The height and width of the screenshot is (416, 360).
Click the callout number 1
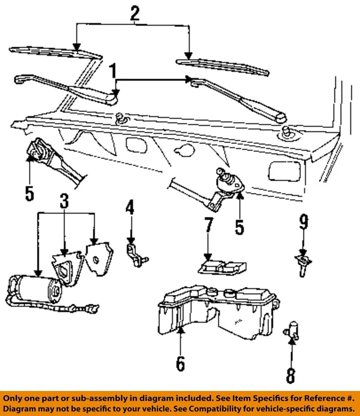pyautogui.click(x=114, y=70)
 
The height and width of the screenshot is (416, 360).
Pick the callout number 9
pyautogui.click(x=303, y=223)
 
